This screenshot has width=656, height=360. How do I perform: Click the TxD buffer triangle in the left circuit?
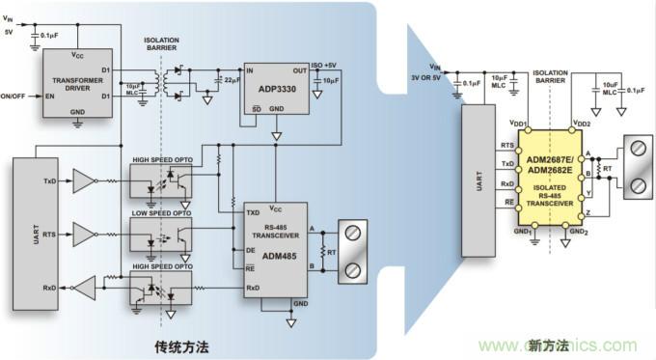86,181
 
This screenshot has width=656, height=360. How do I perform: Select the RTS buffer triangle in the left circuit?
86,234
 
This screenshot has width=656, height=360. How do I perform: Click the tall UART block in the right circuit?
477,180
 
